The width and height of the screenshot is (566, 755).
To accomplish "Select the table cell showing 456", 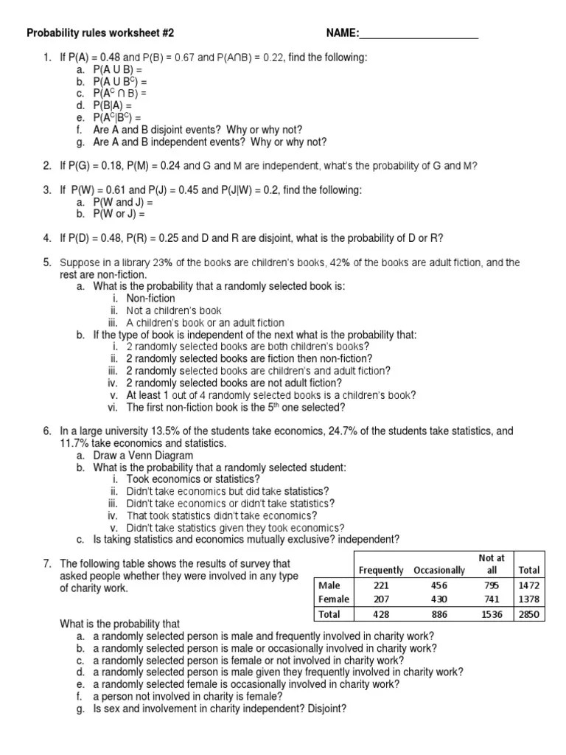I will tap(439, 585).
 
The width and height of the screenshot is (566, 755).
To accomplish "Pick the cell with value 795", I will tap(492, 585).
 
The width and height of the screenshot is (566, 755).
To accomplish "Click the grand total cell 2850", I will tap(528, 614).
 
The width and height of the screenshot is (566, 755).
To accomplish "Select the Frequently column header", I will tap(380, 570).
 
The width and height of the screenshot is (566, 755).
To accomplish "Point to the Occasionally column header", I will tap(439, 570).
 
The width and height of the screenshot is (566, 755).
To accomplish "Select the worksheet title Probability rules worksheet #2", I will tap(100, 34).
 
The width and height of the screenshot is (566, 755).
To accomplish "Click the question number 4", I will tap(46, 237).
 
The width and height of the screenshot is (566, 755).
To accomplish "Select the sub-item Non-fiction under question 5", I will tap(150, 299).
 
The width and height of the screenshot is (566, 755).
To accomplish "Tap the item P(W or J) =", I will tap(119, 214).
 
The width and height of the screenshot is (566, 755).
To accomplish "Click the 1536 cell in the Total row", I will tap(492, 614).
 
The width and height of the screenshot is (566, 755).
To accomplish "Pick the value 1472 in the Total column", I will tap(528, 585).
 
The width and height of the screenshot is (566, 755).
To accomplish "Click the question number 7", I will tap(46, 563).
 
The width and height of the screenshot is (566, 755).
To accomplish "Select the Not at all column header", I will tap(492, 564).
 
